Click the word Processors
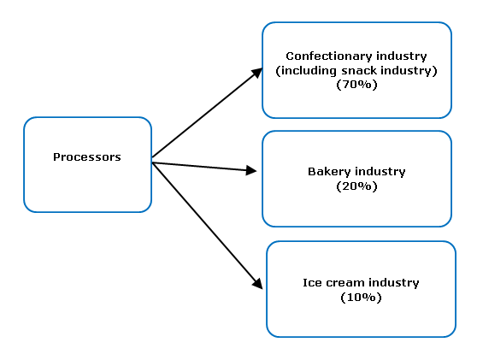87,157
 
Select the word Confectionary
329,56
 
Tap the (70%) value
356,85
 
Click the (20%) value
356,186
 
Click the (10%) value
361,298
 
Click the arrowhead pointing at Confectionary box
257,73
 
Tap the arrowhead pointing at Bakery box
251,170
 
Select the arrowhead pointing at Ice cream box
257,284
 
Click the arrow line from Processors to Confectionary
207,113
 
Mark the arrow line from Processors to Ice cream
207,226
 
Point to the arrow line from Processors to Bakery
204,167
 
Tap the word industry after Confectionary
402,56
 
